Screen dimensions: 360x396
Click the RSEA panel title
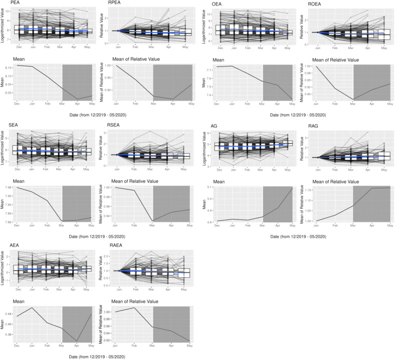tap(116, 124)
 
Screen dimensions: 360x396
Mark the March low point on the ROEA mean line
tap(354, 100)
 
